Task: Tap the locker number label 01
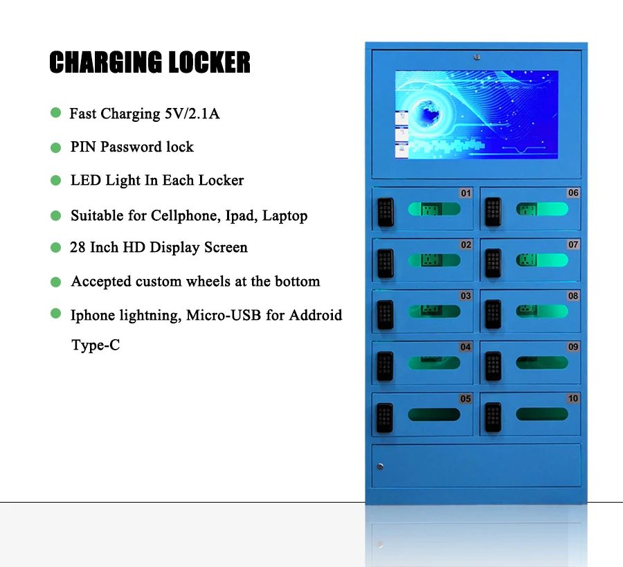coord(466,193)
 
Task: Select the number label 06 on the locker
coord(573,193)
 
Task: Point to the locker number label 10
coord(573,399)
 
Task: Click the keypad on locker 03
coord(385,314)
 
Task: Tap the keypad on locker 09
coord(492,366)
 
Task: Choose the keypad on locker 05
coord(385,417)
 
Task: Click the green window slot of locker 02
coord(434,260)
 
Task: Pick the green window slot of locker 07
coord(542,260)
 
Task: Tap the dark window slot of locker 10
coord(542,415)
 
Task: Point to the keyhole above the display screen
coord(476,58)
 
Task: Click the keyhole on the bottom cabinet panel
coord(379,467)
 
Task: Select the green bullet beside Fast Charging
coord(56,112)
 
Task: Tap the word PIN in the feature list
coord(83,147)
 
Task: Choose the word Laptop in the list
coord(285,215)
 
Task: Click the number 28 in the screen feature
coord(78,247)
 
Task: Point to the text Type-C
coord(96,345)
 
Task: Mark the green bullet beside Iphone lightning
coord(56,314)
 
